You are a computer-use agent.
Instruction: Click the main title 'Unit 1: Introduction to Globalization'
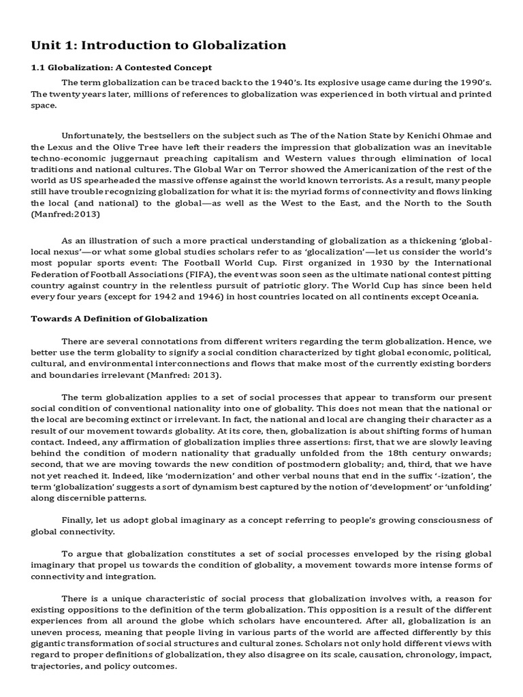[158, 46]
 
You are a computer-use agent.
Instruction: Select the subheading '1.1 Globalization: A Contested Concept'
[121, 67]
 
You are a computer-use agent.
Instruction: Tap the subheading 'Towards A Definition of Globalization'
[119, 319]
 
